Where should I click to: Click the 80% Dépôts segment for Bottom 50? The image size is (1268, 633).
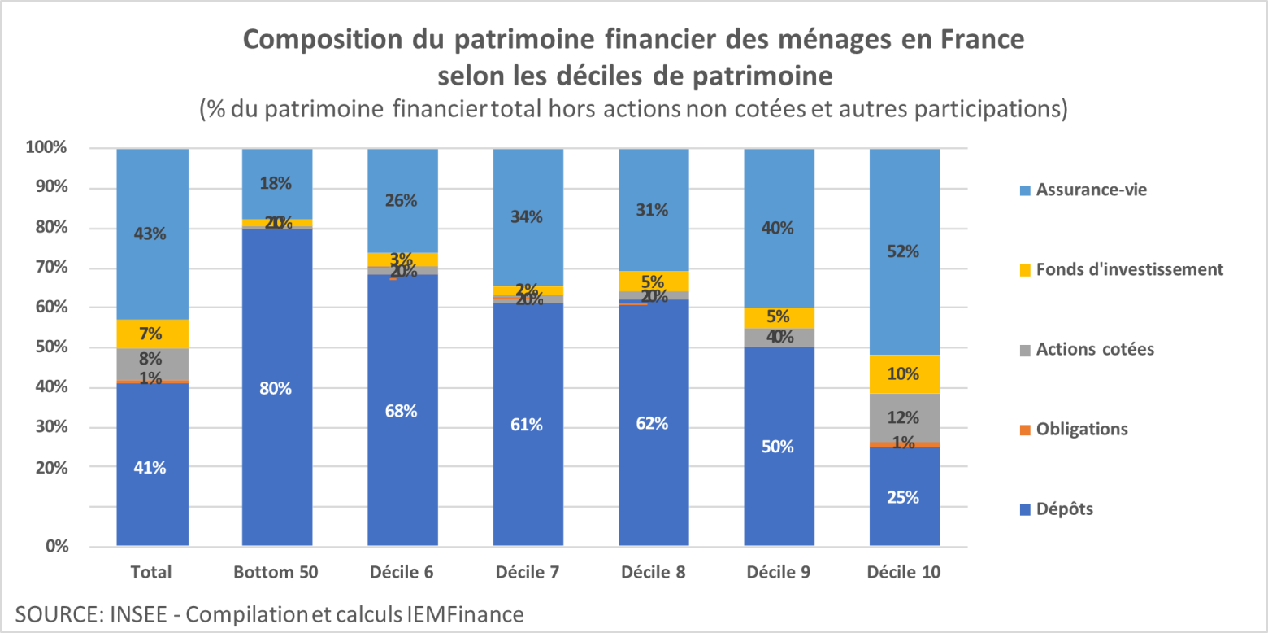tap(276, 388)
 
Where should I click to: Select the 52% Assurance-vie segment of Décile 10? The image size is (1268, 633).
tap(904, 251)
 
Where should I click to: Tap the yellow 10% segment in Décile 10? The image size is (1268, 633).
tap(904, 373)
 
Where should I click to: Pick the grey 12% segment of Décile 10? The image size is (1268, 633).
tap(904, 417)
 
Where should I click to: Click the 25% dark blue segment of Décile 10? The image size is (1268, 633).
tap(904, 496)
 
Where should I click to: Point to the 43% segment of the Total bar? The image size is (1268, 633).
tap(152, 234)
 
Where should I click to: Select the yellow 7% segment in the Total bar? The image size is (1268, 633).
tap(152, 334)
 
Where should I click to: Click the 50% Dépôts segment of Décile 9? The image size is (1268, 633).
tap(779, 447)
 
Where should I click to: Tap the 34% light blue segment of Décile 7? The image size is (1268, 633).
tap(528, 216)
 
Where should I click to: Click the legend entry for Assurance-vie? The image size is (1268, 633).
tap(1091, 190)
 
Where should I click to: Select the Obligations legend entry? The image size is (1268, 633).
tap(1081, 429)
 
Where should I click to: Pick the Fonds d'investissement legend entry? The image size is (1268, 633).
tap(1128, 269)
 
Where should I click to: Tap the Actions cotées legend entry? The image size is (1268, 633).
tap(1094, 349)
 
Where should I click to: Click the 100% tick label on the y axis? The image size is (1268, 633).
tap(46, 148)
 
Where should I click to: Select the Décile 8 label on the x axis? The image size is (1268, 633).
tap(652, 572)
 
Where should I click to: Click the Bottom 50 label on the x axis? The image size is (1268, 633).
tap(276, 572)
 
